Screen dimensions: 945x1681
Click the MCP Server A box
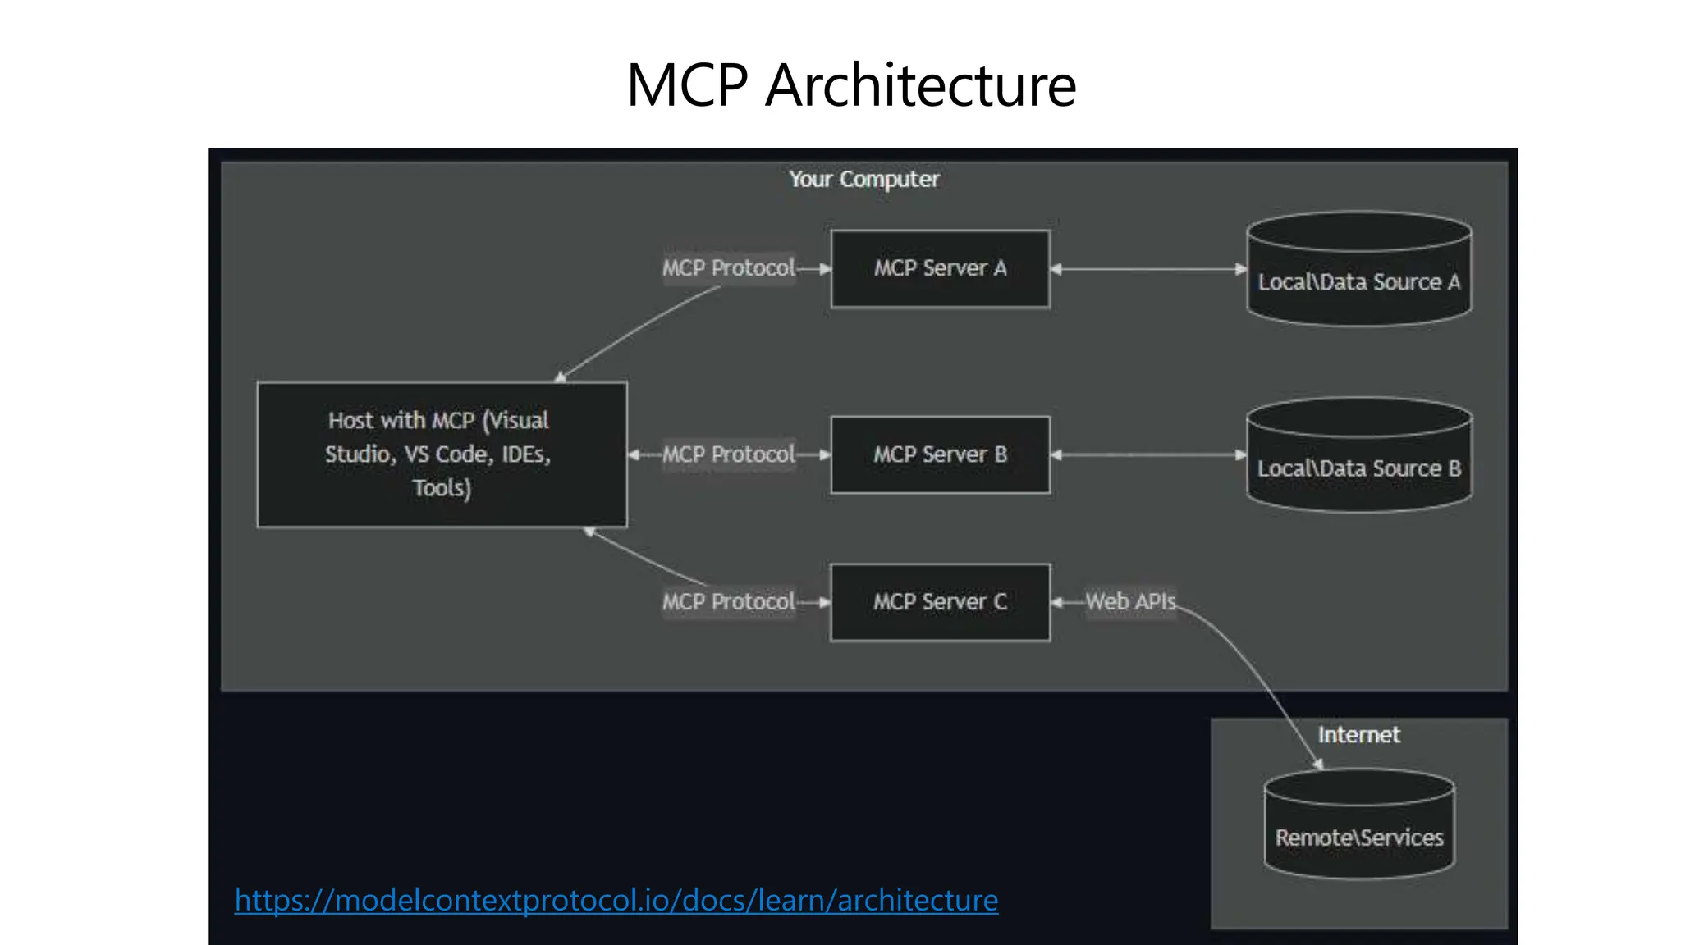(x=940, y=269)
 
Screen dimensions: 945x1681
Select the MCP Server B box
(x=940, y=454)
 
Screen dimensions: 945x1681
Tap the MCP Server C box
(x=940, y=602)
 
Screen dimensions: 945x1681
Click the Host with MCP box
(x=442, y=454)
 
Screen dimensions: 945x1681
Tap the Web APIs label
(x=1130, y=601)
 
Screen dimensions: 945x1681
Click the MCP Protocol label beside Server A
(x=728, y=268)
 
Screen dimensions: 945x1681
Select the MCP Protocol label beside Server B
(x=728, y=454)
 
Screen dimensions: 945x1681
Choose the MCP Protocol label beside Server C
(x=728, y=602)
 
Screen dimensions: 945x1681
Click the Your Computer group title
(x=863, y=179)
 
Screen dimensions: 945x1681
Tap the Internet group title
(x=1358, y=735)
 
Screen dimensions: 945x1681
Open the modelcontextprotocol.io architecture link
(x=616, y=901)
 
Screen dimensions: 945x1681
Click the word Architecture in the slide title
(x=920, y=85)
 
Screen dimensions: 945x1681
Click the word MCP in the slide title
(x=687, y=85)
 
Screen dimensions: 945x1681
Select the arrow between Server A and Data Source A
(x=1148, y=269)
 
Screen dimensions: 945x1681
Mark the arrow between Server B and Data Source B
(x=1148, y=454)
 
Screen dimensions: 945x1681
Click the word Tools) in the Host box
(x=442, y=488)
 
